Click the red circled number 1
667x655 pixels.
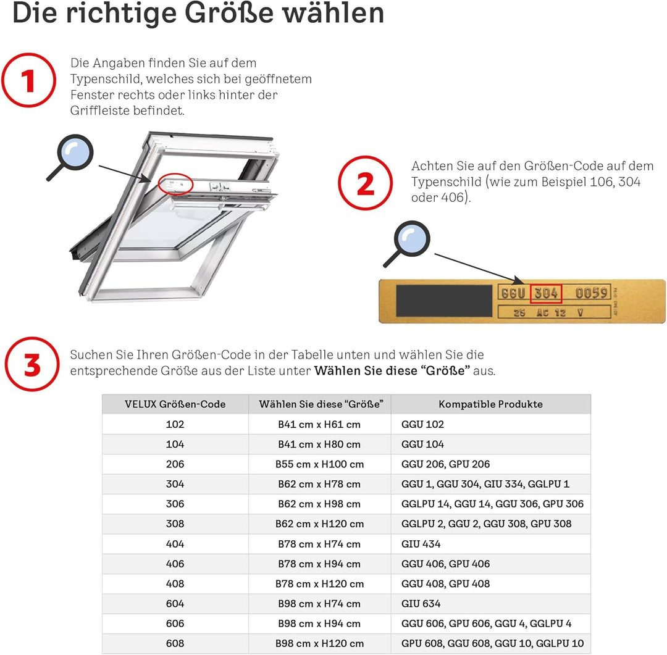coord(28,81)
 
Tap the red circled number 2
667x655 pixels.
coord(365,183)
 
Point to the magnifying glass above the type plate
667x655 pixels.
coord(409,241)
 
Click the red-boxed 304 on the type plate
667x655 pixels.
coord(546,293)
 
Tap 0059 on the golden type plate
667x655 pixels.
coord(591,293)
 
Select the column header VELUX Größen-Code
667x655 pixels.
coord(175,404)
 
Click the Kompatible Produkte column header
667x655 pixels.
coord(490,404)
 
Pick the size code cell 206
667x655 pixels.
coord(175,464)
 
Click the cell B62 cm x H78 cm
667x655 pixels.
coord(319,484)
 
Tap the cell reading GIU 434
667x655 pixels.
coord(421,544)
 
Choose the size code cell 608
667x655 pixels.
coord(175,643)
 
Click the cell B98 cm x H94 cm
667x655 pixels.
coord(319,624)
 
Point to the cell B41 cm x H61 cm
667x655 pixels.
coord(319,424)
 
